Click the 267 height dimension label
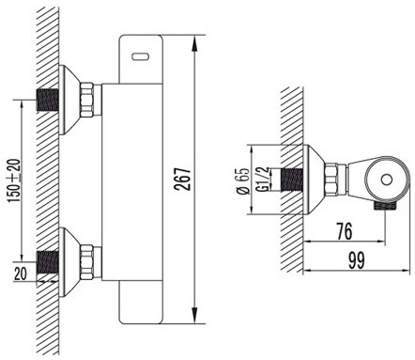point(182,180)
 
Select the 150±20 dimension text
point(14,180)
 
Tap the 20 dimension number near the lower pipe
point(21,274)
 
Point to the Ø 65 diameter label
point(243,180)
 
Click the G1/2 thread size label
point(262,179)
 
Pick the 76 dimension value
point(344,231)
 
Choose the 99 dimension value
point(357,260)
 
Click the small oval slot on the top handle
point(140,56)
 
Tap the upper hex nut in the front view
point(86,100)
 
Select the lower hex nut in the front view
point(86,262)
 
